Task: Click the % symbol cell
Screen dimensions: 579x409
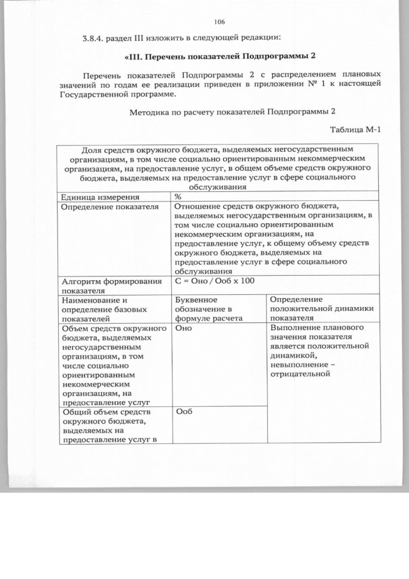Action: [x=178, y=198]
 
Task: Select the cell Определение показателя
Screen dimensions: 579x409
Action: [x=109, y=207]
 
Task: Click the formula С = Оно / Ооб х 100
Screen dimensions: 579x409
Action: [x=215, y=281]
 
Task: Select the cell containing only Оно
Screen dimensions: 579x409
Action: [x=184, y=328]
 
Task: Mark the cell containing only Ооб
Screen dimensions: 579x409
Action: [x=184, y=412]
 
